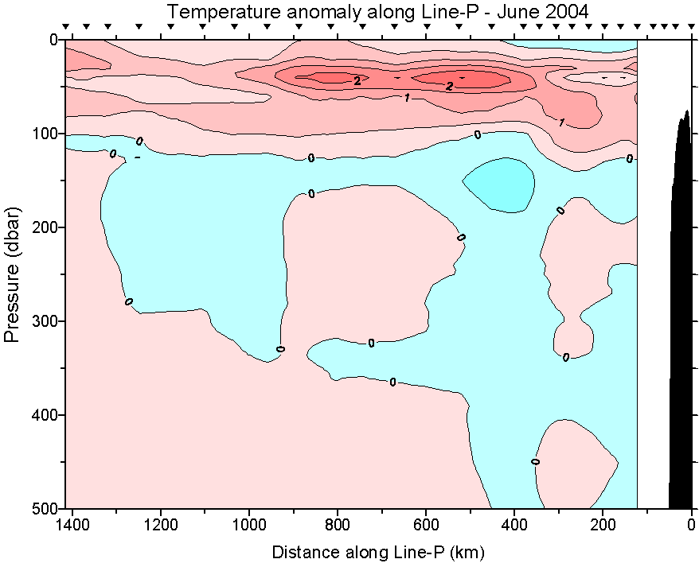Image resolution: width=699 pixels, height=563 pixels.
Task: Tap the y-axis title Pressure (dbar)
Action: (11, 274)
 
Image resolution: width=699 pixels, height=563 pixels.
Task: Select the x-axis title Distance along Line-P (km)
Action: (378, 551)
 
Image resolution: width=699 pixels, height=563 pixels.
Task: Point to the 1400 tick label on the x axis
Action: (72, 525)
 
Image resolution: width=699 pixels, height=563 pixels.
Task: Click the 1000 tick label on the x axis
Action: (249, 525)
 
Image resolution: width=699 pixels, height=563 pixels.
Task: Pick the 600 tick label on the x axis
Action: (426, 525)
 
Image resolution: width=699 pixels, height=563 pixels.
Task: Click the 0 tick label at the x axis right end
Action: (691, 525)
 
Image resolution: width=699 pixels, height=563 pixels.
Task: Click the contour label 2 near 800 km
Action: (357, 80)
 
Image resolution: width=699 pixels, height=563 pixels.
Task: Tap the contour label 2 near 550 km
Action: (449, 86)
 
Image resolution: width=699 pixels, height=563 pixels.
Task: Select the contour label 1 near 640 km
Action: (407, 98)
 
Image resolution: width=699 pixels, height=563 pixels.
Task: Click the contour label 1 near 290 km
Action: (561, 122)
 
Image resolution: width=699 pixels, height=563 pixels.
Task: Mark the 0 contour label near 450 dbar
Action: (535, 461)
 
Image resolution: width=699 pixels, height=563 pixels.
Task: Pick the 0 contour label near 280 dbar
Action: (128, 302)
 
